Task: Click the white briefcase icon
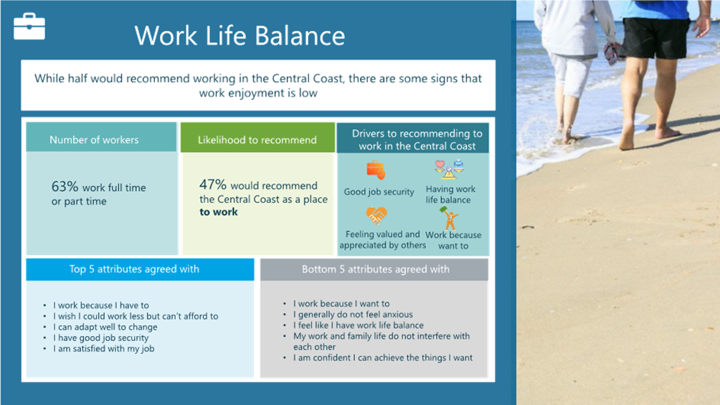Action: (x=29, y=26)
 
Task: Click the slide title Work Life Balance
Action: (x=240, y=35)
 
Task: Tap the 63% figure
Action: (x=65, y=186)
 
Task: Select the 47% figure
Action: (x=212, y=185)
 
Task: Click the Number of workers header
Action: (x=94, y=140)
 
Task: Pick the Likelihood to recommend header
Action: (x=257, y=140)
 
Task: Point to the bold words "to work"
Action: (x=219, y=212)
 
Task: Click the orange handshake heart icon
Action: (x=376, y=215)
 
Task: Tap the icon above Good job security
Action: (x=376, y=170)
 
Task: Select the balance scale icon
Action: (x=449, y=169)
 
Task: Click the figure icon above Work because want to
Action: (x=450, y=218)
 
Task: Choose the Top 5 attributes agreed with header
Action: (x=134, y=269)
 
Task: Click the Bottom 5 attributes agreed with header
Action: (x=376, y=269)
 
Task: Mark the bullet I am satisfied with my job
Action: (x=103, y=348)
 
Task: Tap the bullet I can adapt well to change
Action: (x=105, y=327)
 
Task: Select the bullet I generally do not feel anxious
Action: (x=353, y=315)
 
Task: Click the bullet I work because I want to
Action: (x=341, y=304)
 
